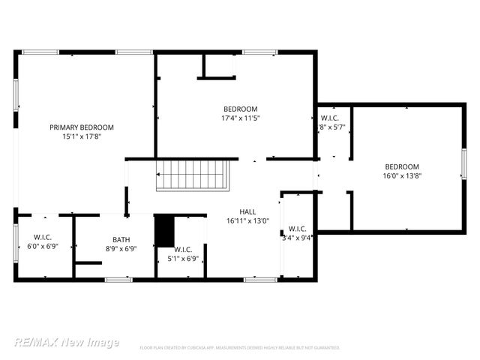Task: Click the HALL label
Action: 247,212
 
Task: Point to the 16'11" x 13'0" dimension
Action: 247,221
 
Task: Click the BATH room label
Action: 121,240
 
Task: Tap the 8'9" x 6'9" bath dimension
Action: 121,248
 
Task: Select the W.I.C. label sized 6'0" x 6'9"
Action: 43,237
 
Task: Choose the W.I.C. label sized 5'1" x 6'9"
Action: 184,249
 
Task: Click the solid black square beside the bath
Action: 163,231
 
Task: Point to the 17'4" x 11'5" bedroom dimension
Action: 240,118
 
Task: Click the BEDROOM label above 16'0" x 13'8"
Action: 402,166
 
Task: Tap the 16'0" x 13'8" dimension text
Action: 402,176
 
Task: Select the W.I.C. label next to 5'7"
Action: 330,118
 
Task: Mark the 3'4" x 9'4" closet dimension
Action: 297,238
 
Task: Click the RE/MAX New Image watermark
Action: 66,342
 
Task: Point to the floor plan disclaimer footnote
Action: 240,348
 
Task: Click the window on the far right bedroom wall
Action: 464,164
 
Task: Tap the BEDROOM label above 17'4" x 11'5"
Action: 240,109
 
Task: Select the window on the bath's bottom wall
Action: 118,280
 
